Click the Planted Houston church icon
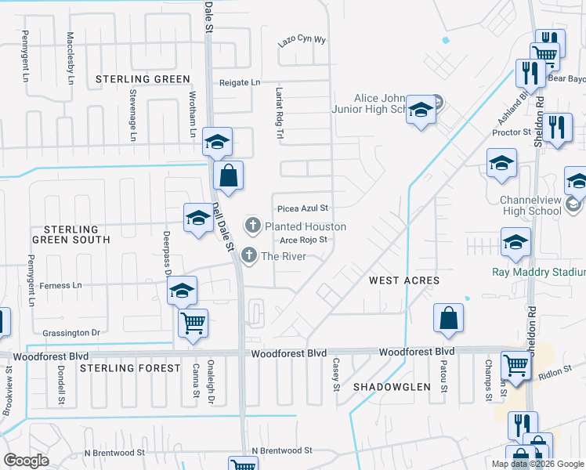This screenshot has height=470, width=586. [253, 226]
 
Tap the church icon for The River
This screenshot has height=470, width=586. [249, 255]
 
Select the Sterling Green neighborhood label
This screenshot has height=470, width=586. [143, 79]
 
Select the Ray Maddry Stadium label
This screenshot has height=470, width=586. [538, 273]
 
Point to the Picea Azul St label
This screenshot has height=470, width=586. [302, 208]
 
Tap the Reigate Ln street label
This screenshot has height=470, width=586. [239, 82]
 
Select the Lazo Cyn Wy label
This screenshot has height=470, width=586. [302, 40]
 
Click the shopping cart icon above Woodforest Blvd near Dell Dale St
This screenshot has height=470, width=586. [193, 323]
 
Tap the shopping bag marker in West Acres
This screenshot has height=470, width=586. [449, 319]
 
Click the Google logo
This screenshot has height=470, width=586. [26, 460]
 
